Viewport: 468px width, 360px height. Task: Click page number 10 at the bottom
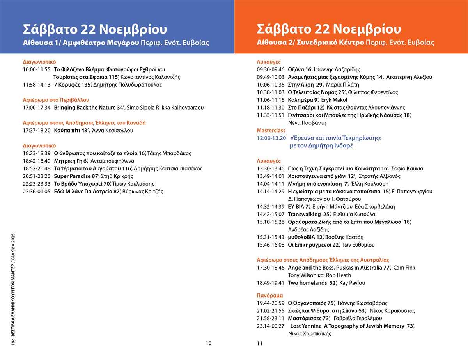tap(208, 343)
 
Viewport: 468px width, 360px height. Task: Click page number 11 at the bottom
tap(260, 343)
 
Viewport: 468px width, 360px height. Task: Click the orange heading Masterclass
tap(271, 130)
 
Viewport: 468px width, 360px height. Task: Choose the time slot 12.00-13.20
tap(271, 138)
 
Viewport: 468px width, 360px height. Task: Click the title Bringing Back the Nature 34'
tap(89, 107)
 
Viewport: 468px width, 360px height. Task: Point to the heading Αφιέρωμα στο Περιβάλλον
tap(56, 99)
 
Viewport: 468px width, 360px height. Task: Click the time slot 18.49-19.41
tap(271, 283)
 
